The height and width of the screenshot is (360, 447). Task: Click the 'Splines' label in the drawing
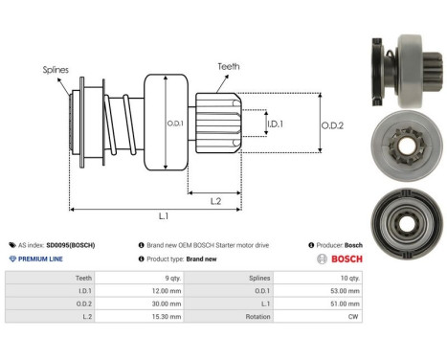(55, 70)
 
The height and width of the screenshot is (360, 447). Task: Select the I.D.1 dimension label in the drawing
(275, 124)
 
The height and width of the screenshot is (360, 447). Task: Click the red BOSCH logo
(338, 259)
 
